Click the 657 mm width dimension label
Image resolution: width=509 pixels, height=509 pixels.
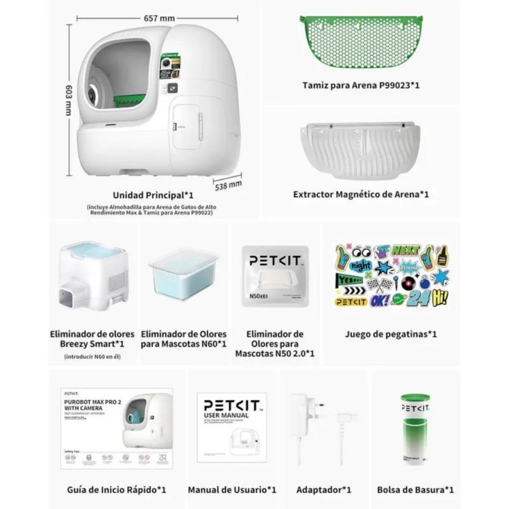159,18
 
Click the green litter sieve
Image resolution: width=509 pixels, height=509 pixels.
361,41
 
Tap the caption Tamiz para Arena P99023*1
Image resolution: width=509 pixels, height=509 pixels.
361,85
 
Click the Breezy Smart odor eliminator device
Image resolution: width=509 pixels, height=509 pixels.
93,275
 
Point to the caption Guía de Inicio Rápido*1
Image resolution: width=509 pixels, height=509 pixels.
116,490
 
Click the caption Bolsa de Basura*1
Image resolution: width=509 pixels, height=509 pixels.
415,490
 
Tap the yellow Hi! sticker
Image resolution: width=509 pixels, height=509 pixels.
440,298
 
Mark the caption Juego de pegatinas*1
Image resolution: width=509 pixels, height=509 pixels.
391,335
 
